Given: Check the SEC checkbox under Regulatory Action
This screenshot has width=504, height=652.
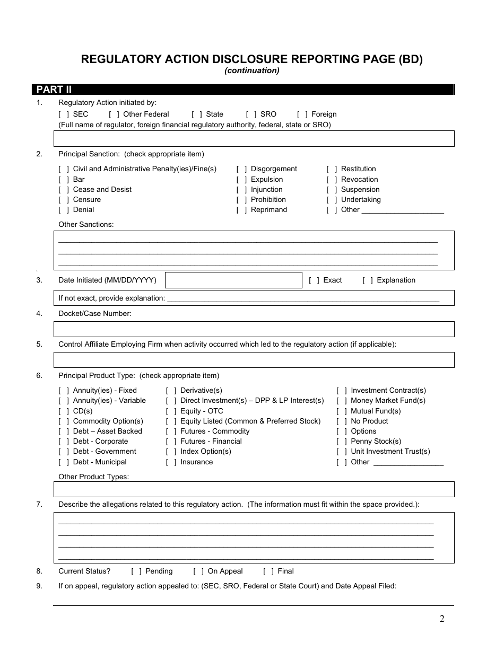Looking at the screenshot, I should point(64,114).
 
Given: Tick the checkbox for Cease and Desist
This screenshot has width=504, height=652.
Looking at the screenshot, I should point(64,190).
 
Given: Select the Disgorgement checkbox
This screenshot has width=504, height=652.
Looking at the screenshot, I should point(241,169).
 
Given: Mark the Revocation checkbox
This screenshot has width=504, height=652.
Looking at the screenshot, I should point(332,180).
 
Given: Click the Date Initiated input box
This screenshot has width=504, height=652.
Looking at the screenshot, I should point(233,280).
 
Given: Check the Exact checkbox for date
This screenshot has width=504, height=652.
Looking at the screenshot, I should point(314,280).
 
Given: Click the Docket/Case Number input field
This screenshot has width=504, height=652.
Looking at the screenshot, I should point(254,329).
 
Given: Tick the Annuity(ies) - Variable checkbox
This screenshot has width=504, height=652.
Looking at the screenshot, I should point(64,401).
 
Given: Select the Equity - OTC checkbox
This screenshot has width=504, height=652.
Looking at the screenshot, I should point(171,411).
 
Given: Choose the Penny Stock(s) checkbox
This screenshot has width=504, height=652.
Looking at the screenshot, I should point(342,442).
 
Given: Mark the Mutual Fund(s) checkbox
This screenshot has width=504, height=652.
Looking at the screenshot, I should point(342,411).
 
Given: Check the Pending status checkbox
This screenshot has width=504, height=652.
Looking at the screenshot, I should point(136,571).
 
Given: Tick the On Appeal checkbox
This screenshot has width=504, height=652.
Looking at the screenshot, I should point(198,571).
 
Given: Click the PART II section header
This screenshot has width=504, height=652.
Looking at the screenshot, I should point(53,90).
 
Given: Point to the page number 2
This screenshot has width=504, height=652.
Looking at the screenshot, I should point(442,619).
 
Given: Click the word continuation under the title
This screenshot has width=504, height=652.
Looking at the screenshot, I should point(251,71).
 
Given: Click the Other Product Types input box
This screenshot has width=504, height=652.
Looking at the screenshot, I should point(254,489).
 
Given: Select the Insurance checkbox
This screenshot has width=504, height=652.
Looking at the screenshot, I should point(171,462).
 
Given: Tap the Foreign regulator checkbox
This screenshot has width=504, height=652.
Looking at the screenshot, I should point(302,114).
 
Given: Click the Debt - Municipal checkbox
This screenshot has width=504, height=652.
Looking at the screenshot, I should point(64,462).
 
